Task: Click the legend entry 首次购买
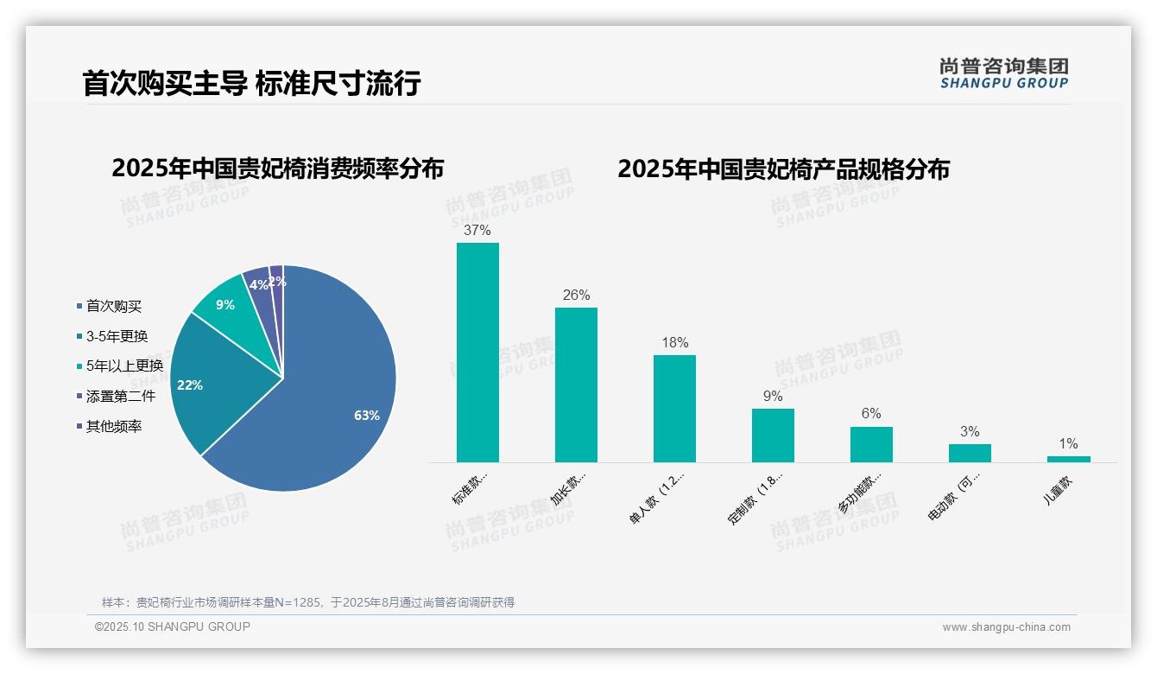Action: pyautogui.click(x=113, y=306)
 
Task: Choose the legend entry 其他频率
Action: pyautogui.click(x=113, y=426)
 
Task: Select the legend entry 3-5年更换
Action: pyautogui.click(x=117, y=336)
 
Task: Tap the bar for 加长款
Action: pyautogui.click(x=576, y=385)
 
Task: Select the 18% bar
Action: pyautogui.click(x=674, y=408)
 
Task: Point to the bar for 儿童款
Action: pyautogui.click(x=1068, y=459)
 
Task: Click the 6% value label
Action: pyautogui.click(x=871, y=414)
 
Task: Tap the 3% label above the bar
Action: pyautogui.click(x=970, y=432)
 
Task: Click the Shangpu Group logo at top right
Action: pyautogui.click(x=1003, y=73)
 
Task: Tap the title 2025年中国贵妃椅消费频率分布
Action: pyautogui.click(x=277, y=168)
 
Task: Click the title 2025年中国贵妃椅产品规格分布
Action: pyautogui.click(x=783, y=168)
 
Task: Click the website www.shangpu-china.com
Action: pyautogui.click(x=1006, y=627)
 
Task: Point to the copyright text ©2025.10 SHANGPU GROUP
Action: pyautogui.click(x=173, y=626)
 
